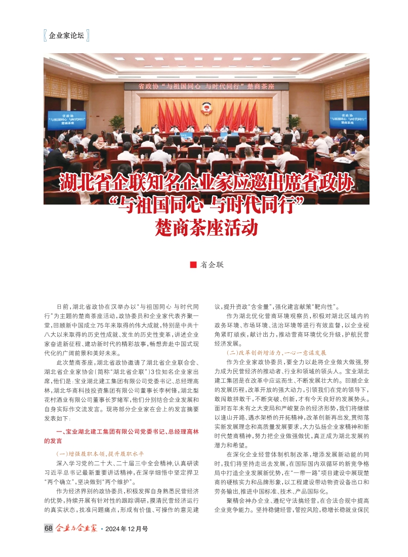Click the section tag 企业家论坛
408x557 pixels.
66,36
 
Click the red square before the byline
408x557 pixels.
192,264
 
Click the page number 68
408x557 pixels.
49,528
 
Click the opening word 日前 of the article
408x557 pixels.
63,306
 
